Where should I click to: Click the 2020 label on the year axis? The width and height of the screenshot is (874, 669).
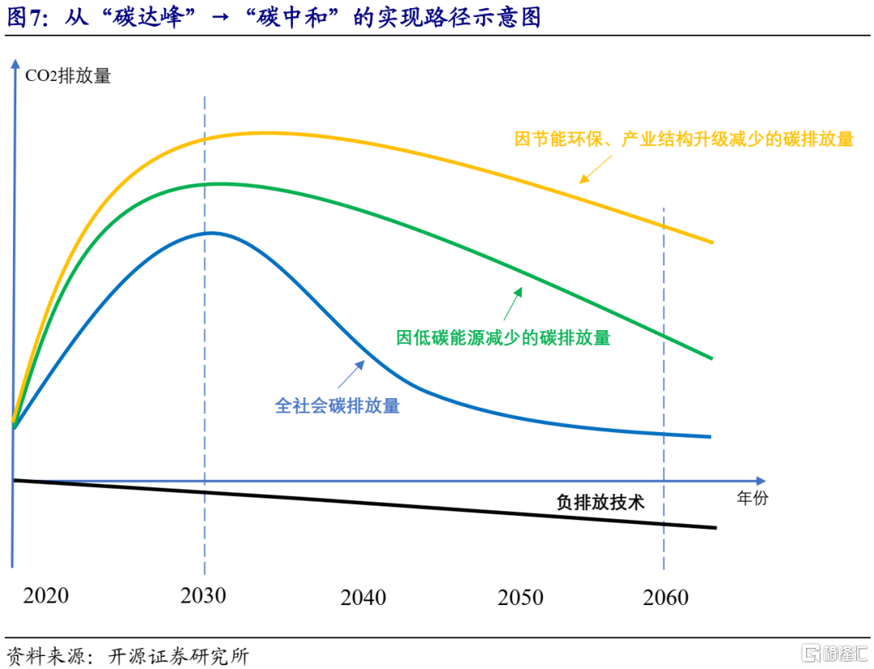pos(46,596)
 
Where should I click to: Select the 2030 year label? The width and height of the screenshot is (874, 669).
pos(204,596)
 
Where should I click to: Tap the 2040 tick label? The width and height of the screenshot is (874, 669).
pos(363,598)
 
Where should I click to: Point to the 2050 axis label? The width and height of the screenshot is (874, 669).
pos(520,598)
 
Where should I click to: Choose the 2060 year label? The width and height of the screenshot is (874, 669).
pos(666,598)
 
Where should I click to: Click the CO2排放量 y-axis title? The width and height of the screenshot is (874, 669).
pos(68,77)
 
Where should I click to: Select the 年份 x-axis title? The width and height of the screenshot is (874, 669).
pos(752,498)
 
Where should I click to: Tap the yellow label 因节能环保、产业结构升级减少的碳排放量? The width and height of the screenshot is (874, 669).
pos(684,139)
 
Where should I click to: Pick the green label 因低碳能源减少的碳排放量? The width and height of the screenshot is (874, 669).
pos(503,337)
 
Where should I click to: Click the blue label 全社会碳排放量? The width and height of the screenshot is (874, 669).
pos(337,405)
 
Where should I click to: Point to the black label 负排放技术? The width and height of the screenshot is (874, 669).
pos(600,502)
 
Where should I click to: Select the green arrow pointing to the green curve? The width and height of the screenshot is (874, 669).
pos(511,305)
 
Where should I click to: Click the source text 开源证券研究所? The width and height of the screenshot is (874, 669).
pos(178,654)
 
